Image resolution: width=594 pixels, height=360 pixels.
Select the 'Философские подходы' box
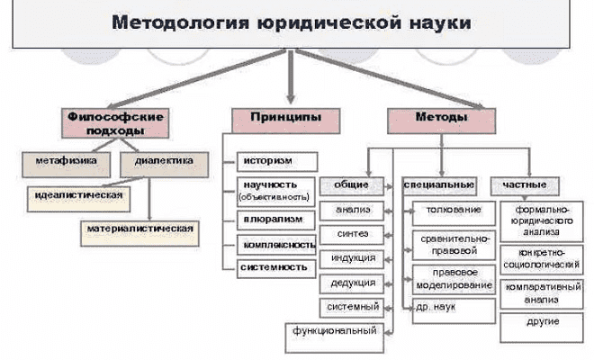tap(106, 124)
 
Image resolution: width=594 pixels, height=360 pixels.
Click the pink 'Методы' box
tap(441, 118)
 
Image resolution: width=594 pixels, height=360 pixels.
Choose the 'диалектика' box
tap(163, 162)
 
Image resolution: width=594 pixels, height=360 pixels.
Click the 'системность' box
tap(277, 268)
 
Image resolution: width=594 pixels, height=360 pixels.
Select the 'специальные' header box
tap(440, 185)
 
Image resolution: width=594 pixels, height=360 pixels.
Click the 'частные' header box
tap(524, 185)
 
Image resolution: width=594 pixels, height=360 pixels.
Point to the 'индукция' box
tap(354, 258)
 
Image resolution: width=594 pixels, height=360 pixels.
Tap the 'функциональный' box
tap(334, 331)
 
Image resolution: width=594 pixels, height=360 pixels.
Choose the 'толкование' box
tap(454, 211)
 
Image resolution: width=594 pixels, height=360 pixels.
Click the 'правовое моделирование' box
tap(454, 279)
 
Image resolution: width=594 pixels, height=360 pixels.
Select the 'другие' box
tap(544, 321)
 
